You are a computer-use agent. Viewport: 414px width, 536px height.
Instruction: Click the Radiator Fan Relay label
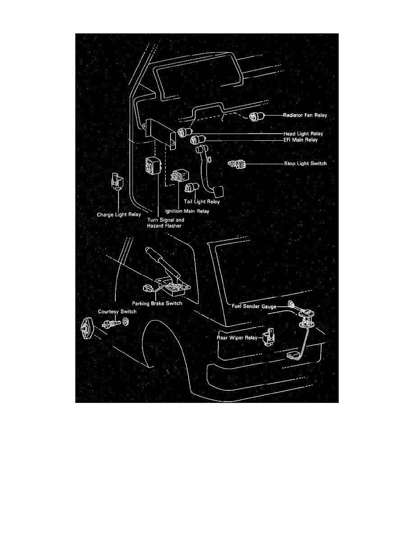tap(305, 115)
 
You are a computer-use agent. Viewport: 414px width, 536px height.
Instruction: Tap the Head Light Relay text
tap(304, 134)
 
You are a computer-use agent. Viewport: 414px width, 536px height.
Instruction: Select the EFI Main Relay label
tap(301, 140)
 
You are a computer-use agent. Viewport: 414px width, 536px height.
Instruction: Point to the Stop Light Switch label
tap(305, 163)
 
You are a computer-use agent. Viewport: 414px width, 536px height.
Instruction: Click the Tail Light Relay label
tap(202, 202)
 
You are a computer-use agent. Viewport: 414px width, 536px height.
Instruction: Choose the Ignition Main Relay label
tap(187, 211)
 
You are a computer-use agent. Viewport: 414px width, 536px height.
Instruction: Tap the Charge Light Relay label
tap(119, 215)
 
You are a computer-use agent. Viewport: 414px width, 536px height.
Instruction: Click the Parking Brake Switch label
tap(157, 303)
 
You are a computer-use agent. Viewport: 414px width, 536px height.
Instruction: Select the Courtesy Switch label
tap(117, 311)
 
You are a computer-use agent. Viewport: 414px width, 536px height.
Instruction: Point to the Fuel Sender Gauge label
tap(254, 306)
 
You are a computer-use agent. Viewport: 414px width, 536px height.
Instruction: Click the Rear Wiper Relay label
tap(237, 338)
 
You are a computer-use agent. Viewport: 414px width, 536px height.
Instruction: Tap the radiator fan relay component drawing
tap(257, 116)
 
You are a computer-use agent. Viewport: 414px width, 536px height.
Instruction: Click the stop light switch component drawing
tap(237, 164)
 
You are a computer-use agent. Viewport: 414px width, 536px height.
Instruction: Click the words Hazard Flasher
tap(164, 226)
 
